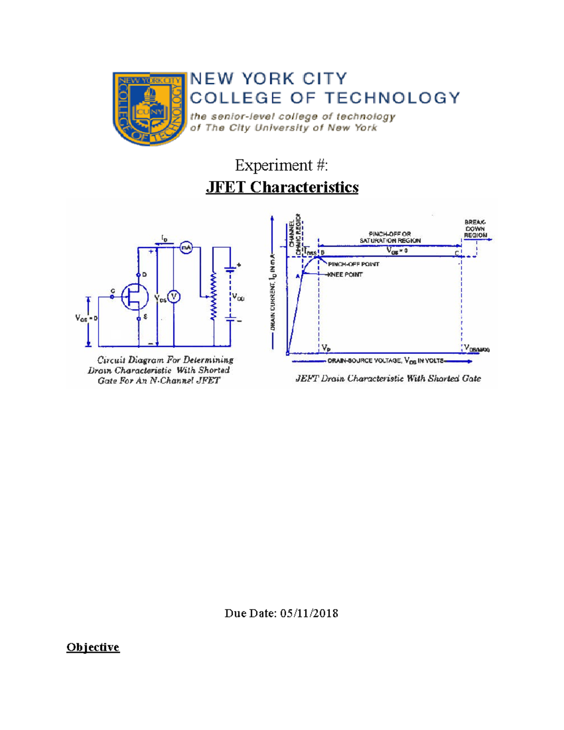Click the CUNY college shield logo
pos(149,108)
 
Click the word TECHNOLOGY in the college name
pos(392,98)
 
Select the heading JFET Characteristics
pos(282,187)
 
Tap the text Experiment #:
pos(282,165)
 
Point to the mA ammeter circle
pos(187,247)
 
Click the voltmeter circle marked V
pos(174,297)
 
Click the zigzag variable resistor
pos(214,297)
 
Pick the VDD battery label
pos(238,297)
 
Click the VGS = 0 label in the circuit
pos(86,318)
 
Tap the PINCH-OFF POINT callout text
pos(353,264)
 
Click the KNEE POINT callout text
pos(345,275)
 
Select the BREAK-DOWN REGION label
pos(475,228)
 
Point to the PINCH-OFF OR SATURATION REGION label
pos(390,237)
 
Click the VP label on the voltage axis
pos(326,348)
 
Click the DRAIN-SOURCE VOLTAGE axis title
pos(385,361)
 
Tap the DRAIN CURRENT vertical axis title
pos(273,291)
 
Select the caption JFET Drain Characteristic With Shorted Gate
pos(388,378)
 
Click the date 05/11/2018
pos(309,613)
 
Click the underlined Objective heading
pos(93,647)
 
